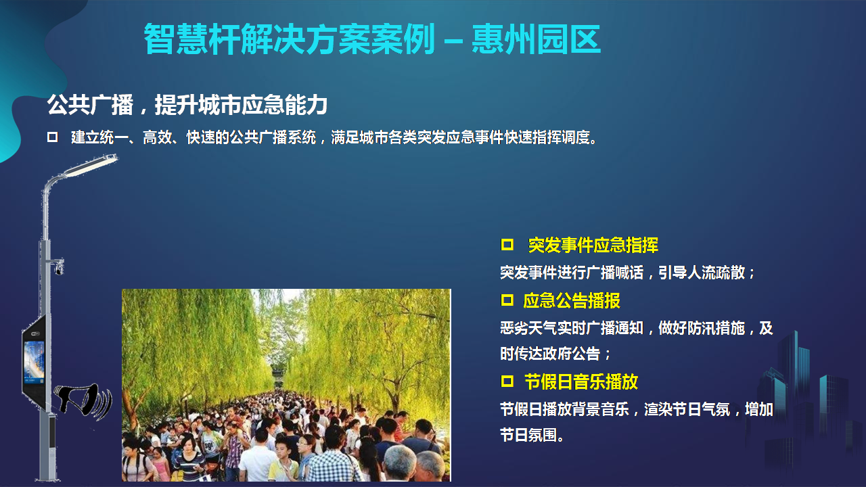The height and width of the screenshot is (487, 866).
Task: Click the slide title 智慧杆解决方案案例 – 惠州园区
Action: pyautogui.click(x=372, y=39)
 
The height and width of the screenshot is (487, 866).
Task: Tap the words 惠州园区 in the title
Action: pyautogui.click(x=537, y=39)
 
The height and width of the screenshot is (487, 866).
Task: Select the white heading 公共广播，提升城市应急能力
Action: pyautogui.click(x=187, y=104)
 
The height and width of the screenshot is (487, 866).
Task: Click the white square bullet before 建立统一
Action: pyautogui.click(x=52, y=137)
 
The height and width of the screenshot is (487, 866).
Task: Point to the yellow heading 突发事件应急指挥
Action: pyautogui.click(x=593, y=245)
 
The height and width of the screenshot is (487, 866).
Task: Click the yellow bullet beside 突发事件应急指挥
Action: pyautogui.click(x=507, y=245)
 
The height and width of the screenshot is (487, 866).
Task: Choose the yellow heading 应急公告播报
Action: pyautogui.click(x=572, y=301)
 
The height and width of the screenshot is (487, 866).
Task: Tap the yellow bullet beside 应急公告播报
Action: pyautogui.click(x=507, y=300)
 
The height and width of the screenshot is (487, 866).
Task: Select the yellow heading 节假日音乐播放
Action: pyautogui.click(x=581, y=382)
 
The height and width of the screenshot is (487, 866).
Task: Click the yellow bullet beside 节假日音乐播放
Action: pyautogui.click(x=507, y=381)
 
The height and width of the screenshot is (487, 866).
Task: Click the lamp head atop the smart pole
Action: pyautogui.click(x=91, y=165)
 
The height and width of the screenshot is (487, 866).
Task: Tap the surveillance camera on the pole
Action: pyautogui.click(x=58, y=267)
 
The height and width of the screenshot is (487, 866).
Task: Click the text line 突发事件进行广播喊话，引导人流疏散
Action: pyautogui.click(x=626, y=273)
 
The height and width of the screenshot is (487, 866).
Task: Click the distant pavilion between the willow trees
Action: pyautogui.click(x=278, y=377)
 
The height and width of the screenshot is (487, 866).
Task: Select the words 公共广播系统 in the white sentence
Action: pyautogui.click(x=273, y=137)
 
